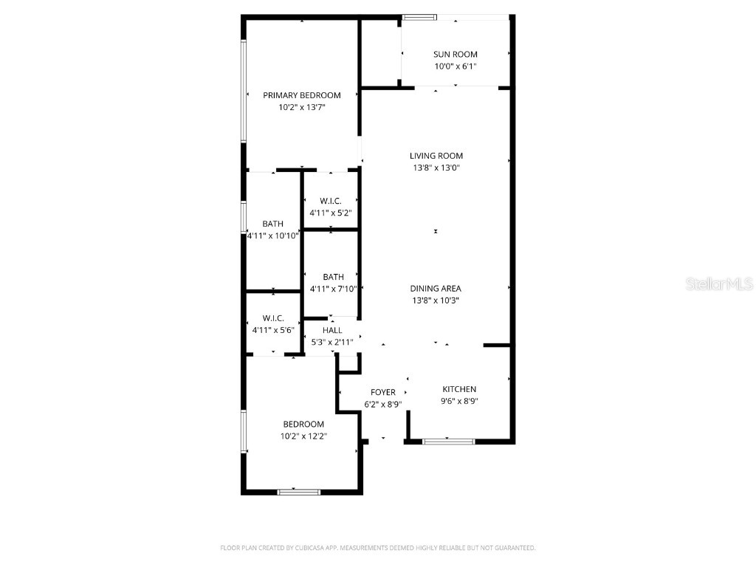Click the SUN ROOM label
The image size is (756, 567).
coord(455,54)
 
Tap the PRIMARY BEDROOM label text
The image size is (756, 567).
coord(302,95)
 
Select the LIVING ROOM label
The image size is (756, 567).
coord(436,156)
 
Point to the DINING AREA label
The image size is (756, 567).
coord(436,289)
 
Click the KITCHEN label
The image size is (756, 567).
coord(459,389)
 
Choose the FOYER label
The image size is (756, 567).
coord(383,392)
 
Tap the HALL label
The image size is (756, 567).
coord(332,330)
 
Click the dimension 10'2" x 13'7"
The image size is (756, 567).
coord(302,107)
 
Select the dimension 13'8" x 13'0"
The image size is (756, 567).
coord(436,168)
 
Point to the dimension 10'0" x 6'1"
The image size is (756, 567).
coord(455,66)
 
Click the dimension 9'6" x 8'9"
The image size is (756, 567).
coord(459,402)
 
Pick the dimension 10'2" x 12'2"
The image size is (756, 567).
coord(303,436)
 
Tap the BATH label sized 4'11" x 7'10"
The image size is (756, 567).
coord(333,277)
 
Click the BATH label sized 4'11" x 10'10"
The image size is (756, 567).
coord(272,224)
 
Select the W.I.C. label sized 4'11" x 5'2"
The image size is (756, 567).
coord(330,201)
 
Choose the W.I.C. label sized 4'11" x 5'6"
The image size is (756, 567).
coord(272,318)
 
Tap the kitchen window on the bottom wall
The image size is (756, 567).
coord(449,441)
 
